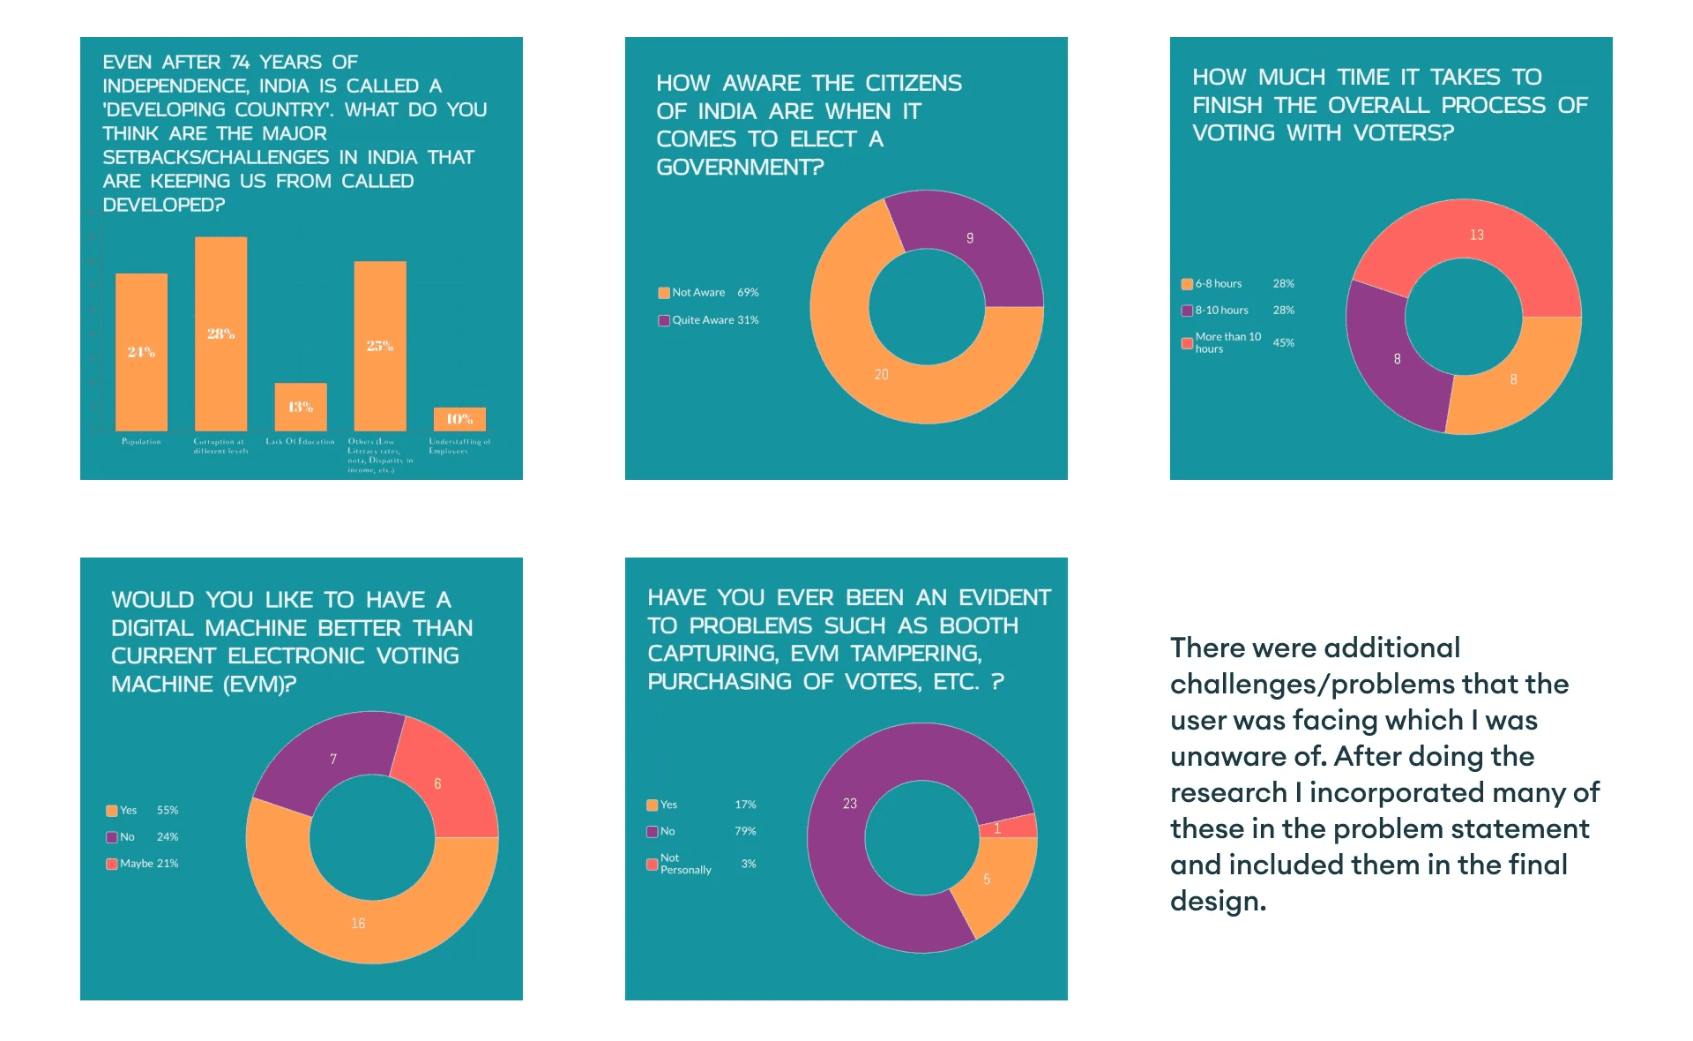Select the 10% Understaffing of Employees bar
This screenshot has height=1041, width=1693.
[459, 419]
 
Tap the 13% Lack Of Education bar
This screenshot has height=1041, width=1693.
[301, 407]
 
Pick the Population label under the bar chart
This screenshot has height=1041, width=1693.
[141, 442]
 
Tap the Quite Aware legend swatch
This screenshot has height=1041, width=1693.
[664, 320]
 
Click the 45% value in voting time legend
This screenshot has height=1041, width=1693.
[1284, 343]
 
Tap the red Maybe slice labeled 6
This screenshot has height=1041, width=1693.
[441, 785]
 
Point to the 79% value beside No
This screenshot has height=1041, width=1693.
[745, 831]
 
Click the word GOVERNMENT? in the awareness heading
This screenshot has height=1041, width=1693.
[740, 167]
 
